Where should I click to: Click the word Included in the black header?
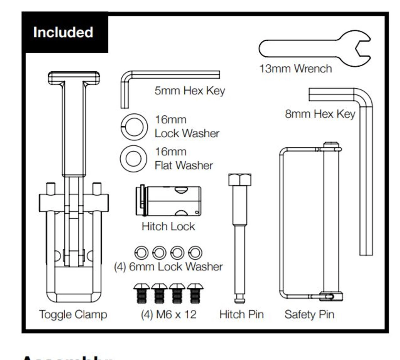click(63, 32)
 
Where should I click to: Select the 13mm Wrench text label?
click(296, 68)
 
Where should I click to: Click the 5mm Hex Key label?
click(190, 91)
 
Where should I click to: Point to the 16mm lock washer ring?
click(134, 127)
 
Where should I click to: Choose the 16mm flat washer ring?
click(133, 159)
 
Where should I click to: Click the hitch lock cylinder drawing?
click(169, 201)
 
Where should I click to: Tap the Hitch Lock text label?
click(168, 226)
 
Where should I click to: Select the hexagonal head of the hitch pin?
click(240, 180)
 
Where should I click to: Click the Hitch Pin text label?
click(241, 314)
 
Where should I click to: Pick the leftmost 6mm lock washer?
click(141, 252)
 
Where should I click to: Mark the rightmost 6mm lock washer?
click(195, 252)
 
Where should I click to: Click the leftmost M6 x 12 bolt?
click(142, 293)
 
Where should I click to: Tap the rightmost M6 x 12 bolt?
click(195, 293)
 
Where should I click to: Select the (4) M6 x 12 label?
click(168, 314)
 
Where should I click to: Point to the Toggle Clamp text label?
click(73, 314)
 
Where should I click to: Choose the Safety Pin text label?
click(309, 314)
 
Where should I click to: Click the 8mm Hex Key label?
click(320, 114)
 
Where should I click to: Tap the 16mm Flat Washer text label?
click(184, 159)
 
